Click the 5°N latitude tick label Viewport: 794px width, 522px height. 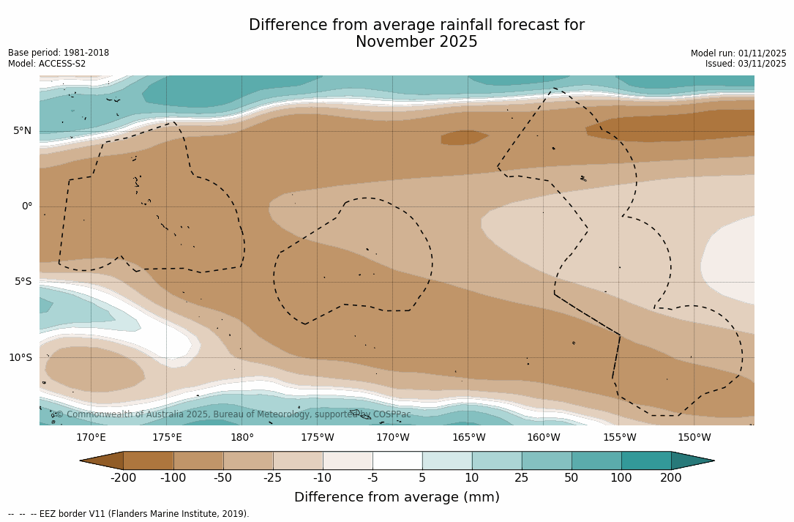[22, 131]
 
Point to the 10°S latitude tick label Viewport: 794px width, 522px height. [20, 358]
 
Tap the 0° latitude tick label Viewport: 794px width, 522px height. [26, 206]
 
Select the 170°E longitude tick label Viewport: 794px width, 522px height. [91, 438]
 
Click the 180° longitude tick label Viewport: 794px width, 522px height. [242, 438]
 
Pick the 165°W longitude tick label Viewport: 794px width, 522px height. [468, 438]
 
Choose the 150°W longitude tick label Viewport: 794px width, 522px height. [694, 438]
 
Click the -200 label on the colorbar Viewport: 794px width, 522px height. [123, 478]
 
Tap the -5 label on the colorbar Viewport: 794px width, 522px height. [372, 478]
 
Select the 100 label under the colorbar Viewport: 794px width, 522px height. [621, 478]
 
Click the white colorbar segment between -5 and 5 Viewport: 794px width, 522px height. [397, 461]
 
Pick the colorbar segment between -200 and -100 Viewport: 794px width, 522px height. [148, 461]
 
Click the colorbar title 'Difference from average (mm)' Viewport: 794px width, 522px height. [397, 498]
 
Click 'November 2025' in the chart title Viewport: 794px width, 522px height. [416, 42]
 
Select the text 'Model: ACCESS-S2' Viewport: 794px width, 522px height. [47, 64]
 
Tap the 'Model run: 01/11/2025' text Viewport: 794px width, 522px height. [738, 53]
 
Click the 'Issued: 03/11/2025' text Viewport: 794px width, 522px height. [746, 64]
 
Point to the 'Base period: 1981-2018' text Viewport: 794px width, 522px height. [59, 53]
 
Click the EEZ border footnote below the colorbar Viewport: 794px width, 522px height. [128, 514]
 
